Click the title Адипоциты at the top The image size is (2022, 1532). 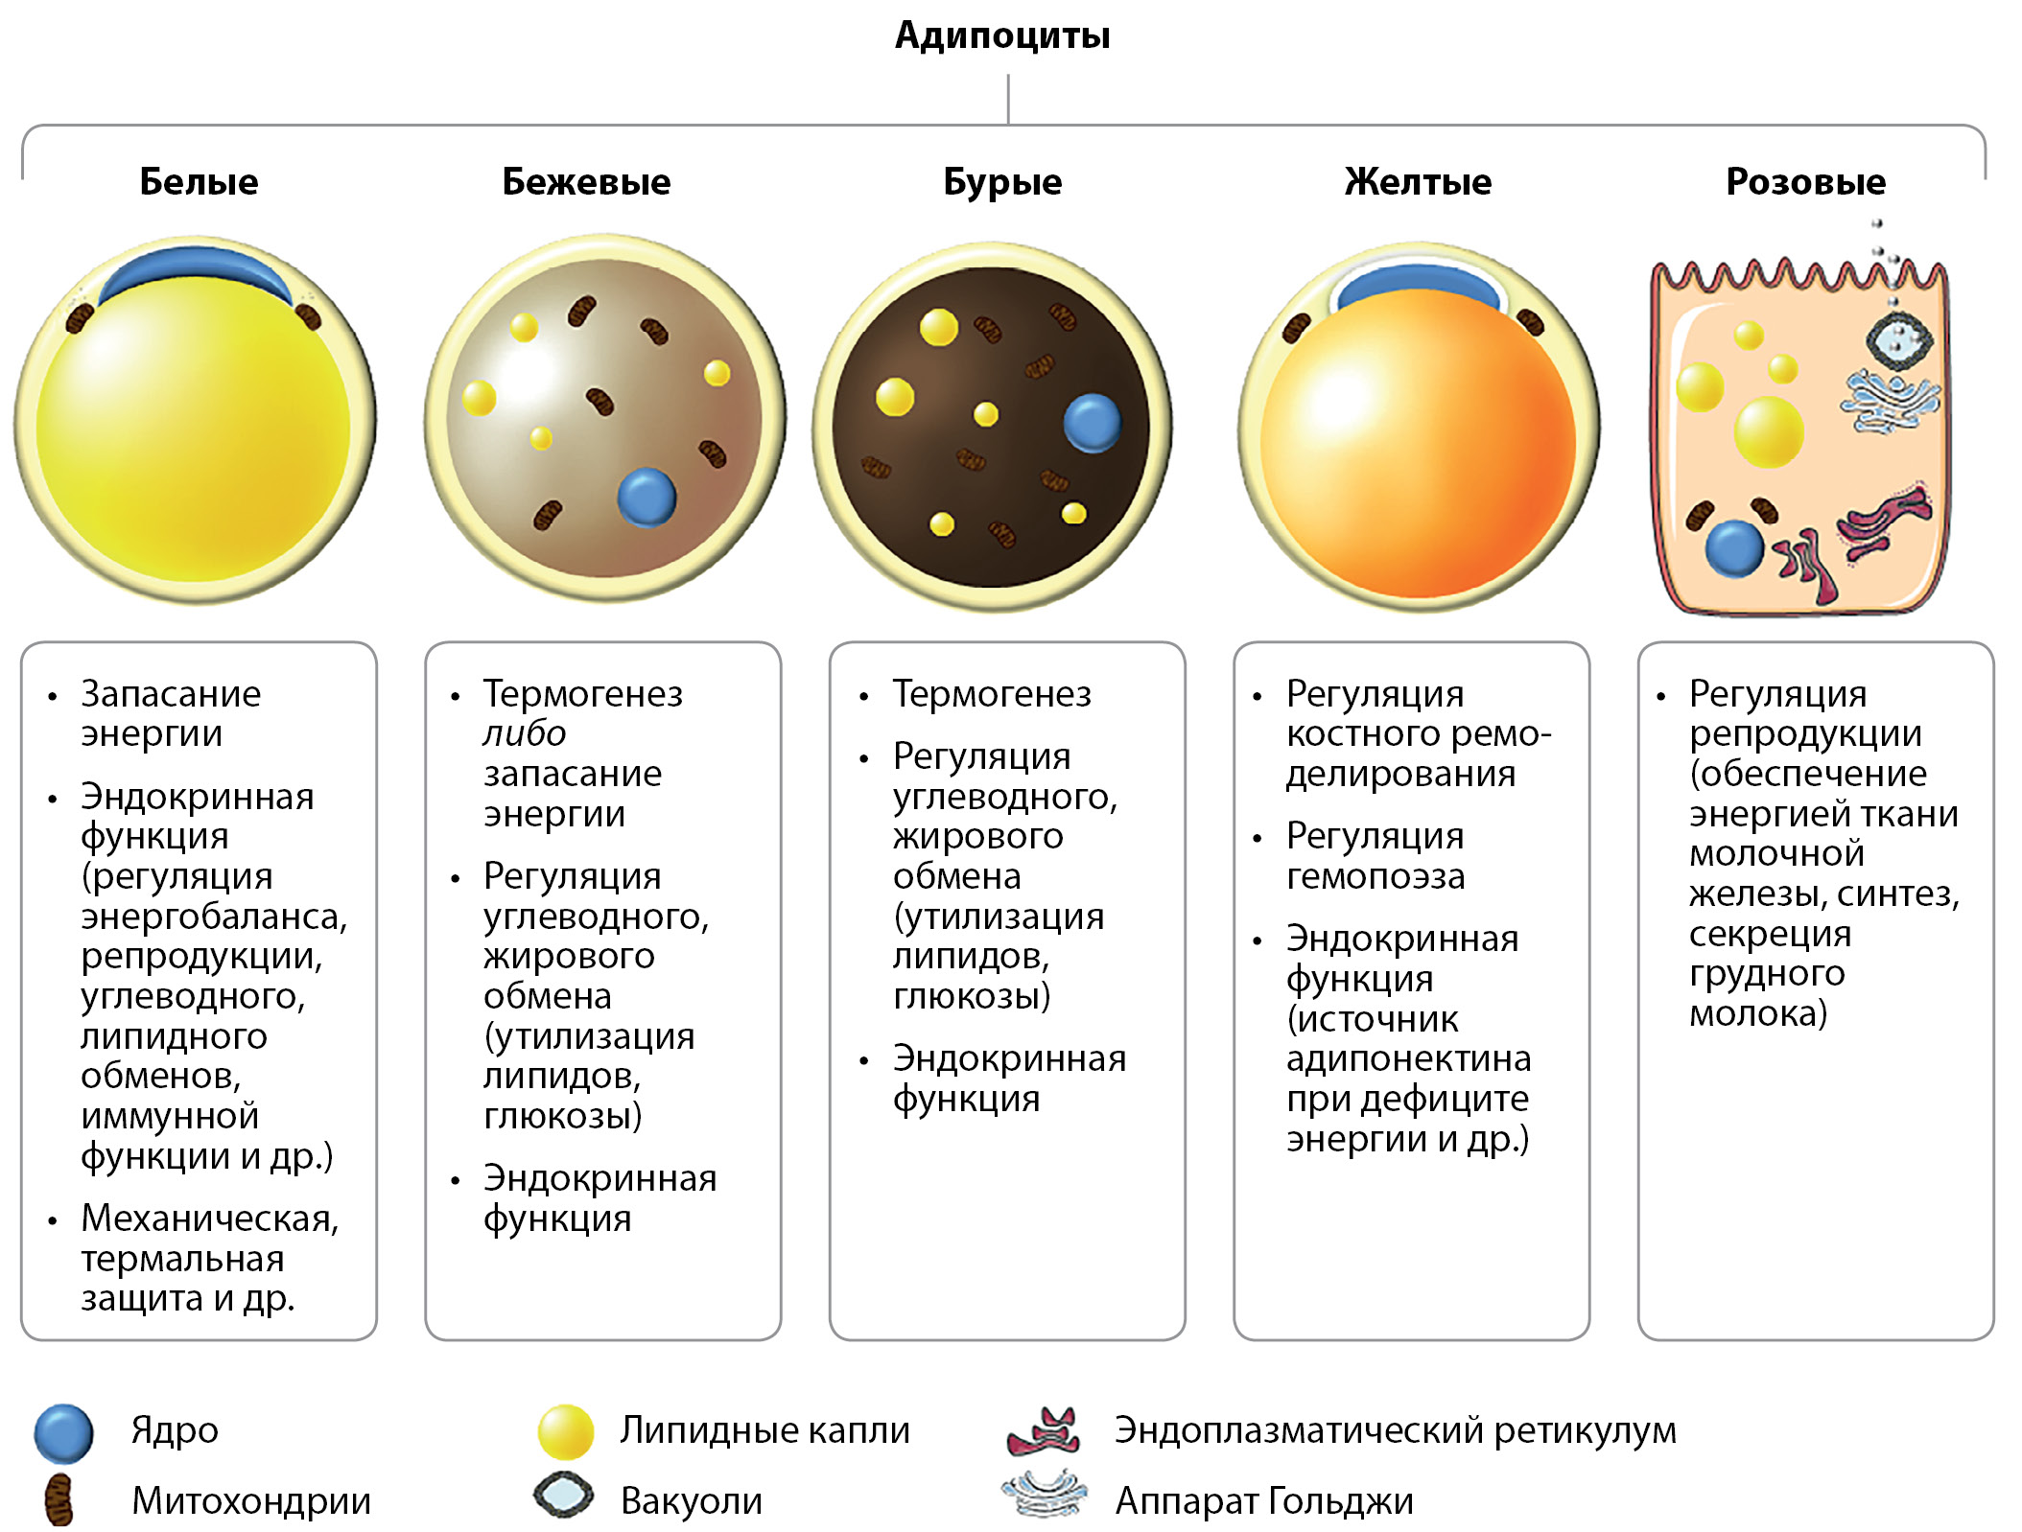click(1002, 35)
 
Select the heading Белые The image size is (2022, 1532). click(199, 181)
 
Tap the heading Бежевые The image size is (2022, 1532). click(586, 181)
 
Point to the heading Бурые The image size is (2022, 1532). click(1002, 181)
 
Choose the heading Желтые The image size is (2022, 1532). click(1418, 181)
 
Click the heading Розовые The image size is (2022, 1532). click(1805, 181)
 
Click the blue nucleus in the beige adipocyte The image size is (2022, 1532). click(647, 497)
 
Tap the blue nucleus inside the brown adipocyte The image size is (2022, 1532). click(1092, 423)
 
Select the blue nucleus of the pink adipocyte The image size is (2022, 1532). click(1734, 548)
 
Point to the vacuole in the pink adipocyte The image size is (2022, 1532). click(1898, 340)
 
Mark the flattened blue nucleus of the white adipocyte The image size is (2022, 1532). click(197, 270)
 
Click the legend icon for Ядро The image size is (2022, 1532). click(63, 1433)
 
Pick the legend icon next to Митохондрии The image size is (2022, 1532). click(59, 1499)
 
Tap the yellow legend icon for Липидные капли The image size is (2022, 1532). click(566, 1431)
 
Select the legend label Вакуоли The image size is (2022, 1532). click(691, 1500)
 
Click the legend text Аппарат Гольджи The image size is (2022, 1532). click(1263, 1500)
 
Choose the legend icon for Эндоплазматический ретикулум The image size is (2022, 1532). click(1044, 1431)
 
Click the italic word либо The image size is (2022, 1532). click(524, 733)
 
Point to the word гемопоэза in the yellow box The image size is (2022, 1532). click(1375, 876)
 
